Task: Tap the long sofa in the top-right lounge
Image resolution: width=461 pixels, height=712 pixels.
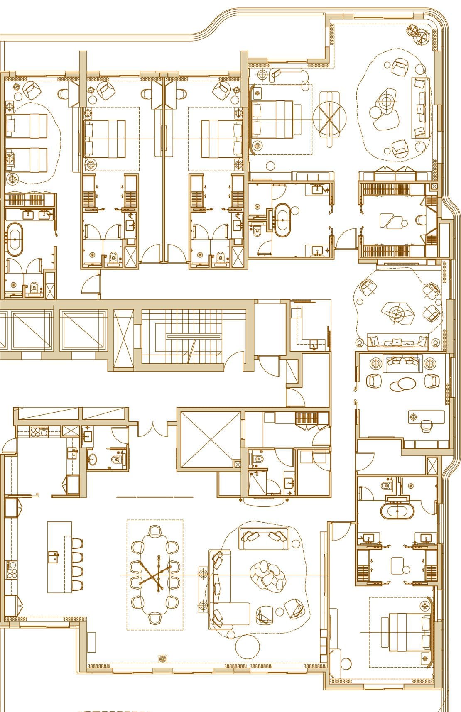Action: point(420,108)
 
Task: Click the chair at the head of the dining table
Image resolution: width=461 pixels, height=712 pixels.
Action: point(154,531)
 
